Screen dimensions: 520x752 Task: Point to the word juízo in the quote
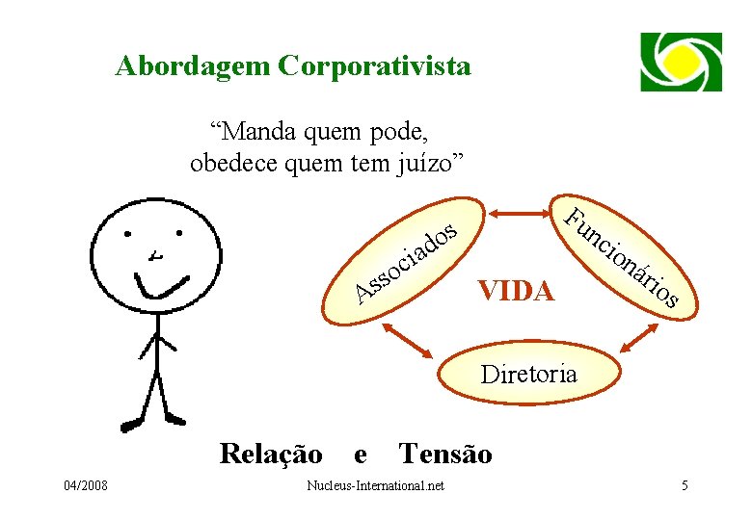tap(431, 162)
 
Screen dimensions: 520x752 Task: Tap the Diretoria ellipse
tap(528, 373)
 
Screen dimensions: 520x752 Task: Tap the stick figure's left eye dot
tap(126, 234)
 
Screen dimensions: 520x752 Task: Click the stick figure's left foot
tap(131, 424)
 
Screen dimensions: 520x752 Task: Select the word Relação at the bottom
tap(271, 453)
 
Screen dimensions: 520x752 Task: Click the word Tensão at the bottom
tap(444, 453)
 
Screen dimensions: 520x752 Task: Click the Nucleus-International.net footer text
tap(374, 485)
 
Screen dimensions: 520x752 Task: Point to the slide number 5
tap(685, 485)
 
